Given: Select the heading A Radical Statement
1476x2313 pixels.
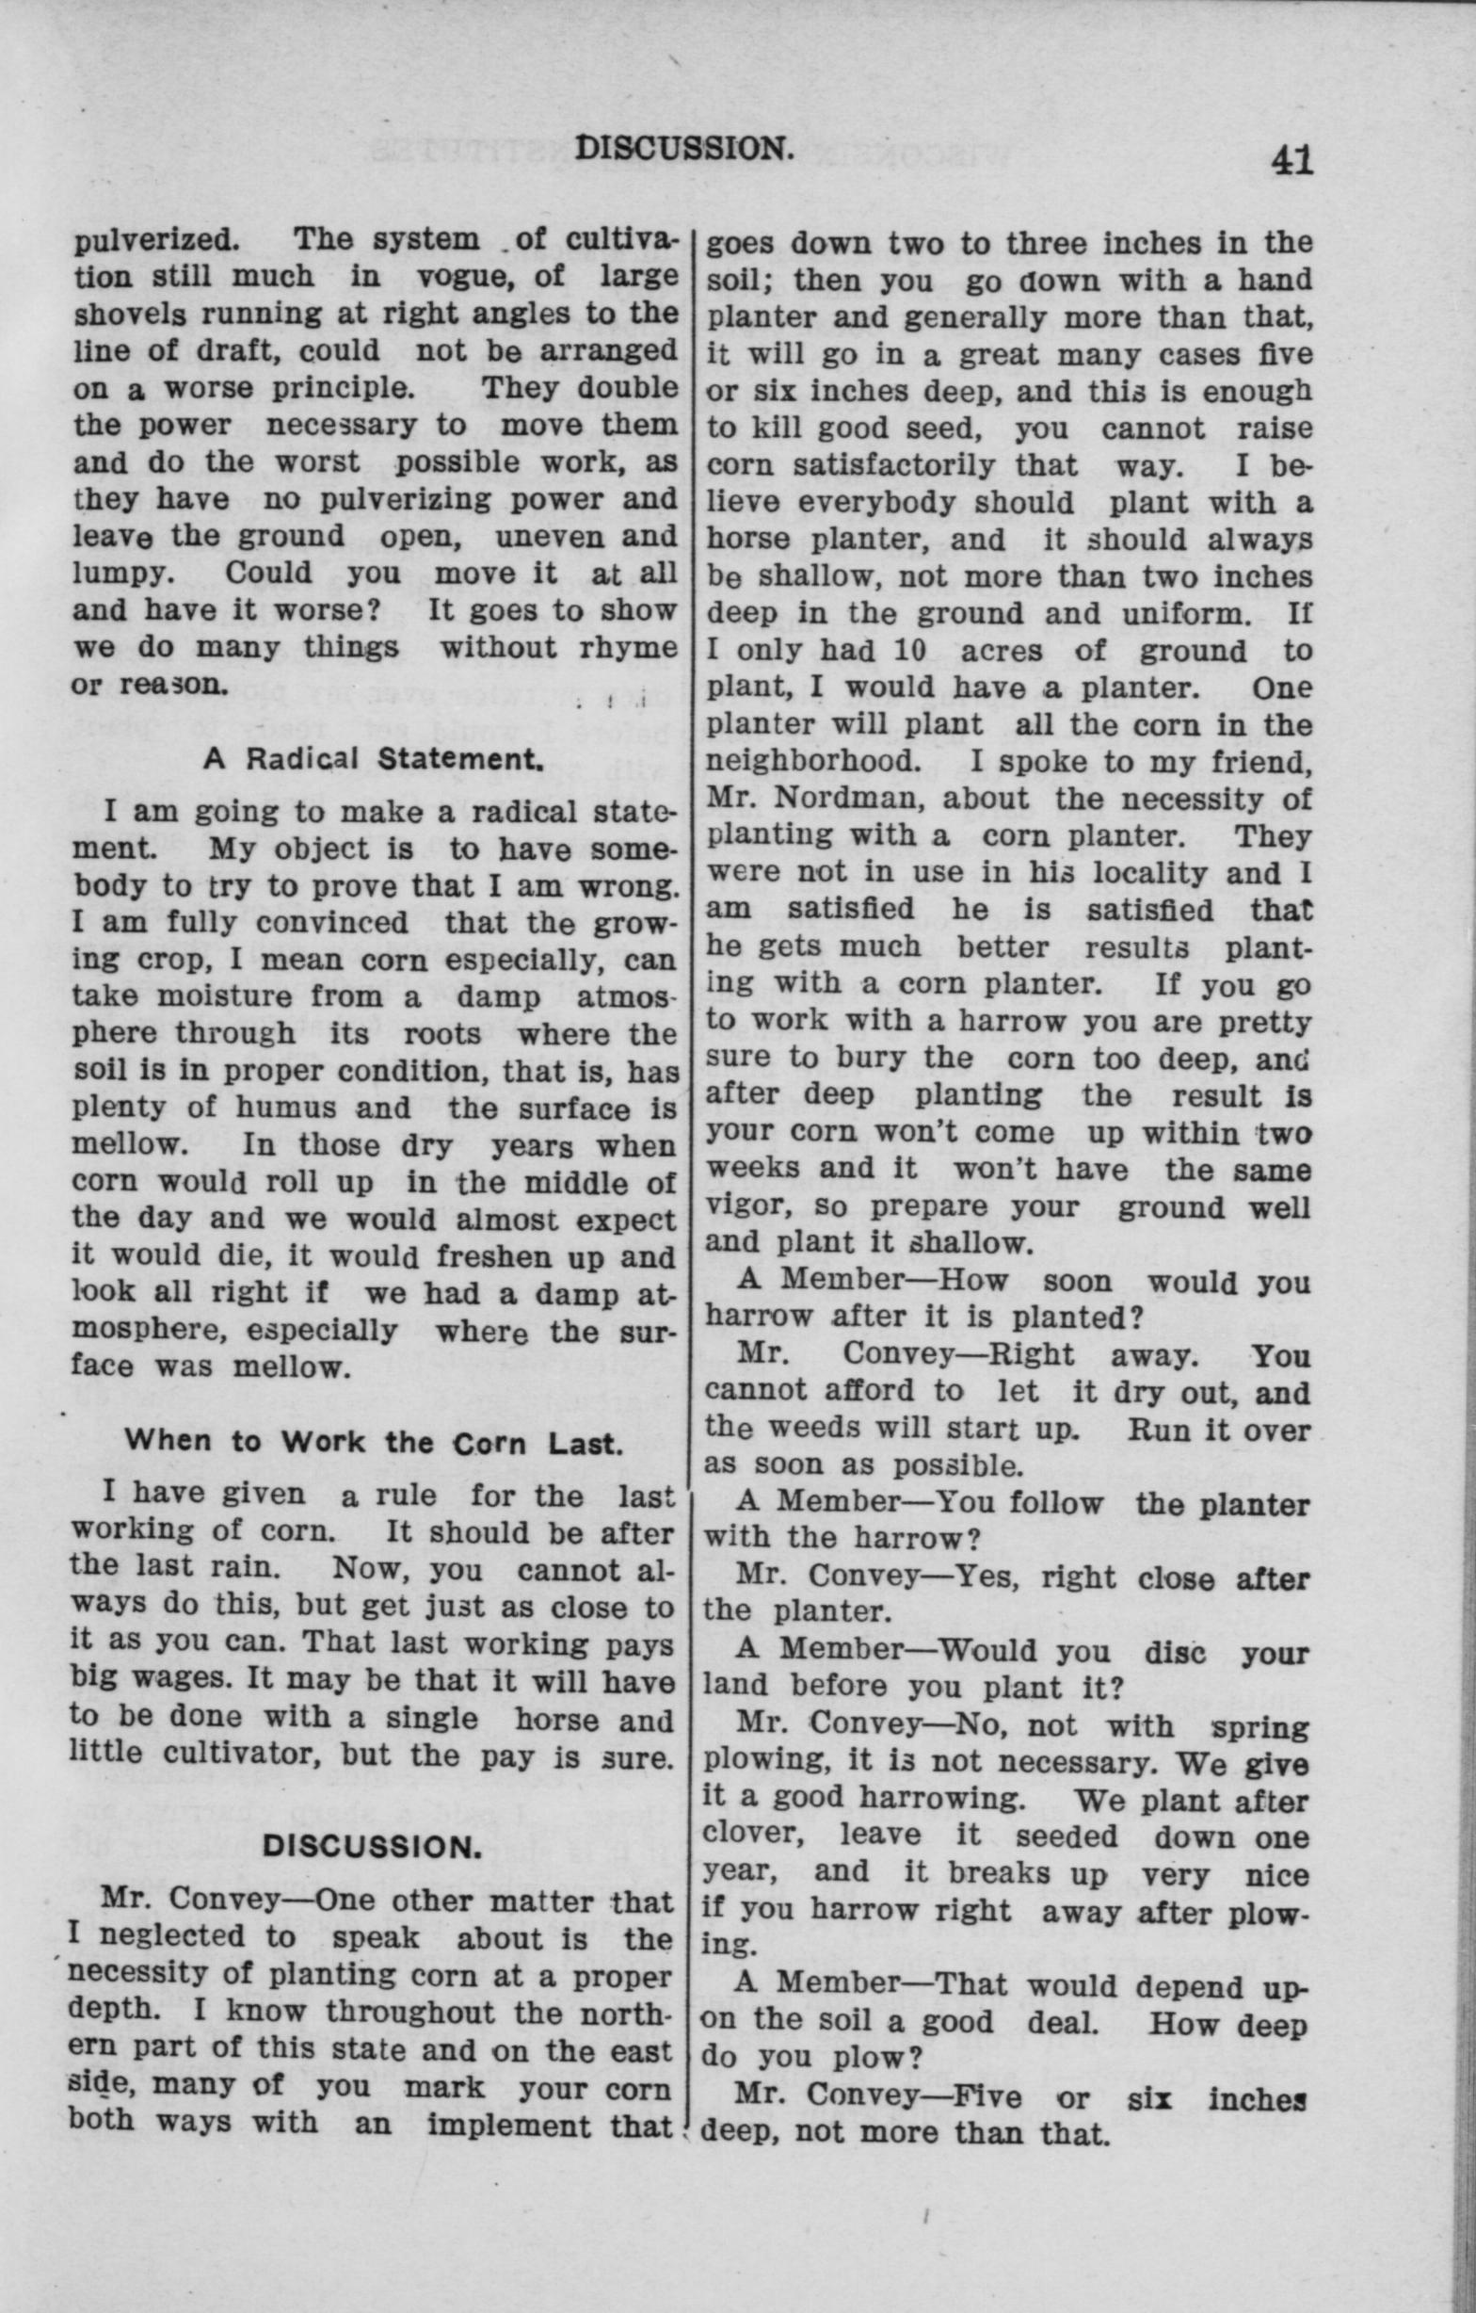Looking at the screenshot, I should [x=374, y=760].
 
